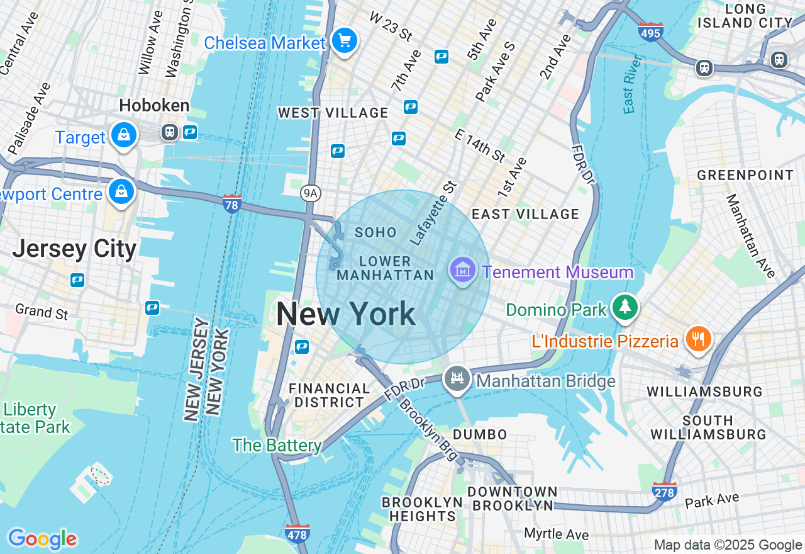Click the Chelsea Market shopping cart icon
tap(344, 42)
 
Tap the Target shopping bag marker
tap(124, 135)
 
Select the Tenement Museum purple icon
tap(463, 271)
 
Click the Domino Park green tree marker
tap(625, 308)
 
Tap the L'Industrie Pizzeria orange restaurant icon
tap(698, 340)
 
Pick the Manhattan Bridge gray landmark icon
tap(457, 379)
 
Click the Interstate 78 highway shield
tap(232, 203)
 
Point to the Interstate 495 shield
tap(650, 31)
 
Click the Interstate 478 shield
tap(297, 533)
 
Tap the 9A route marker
tap(309, 193)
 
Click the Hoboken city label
tap(154, 105)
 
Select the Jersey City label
tap(74, 249)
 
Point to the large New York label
tap(345, 314)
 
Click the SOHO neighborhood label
tap(375, 232)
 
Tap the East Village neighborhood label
tap(525, 214)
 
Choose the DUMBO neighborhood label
tap(480, 434)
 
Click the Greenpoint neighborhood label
tap(745, 175)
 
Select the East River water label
tap(631, 84)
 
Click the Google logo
tap(42, 539)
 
